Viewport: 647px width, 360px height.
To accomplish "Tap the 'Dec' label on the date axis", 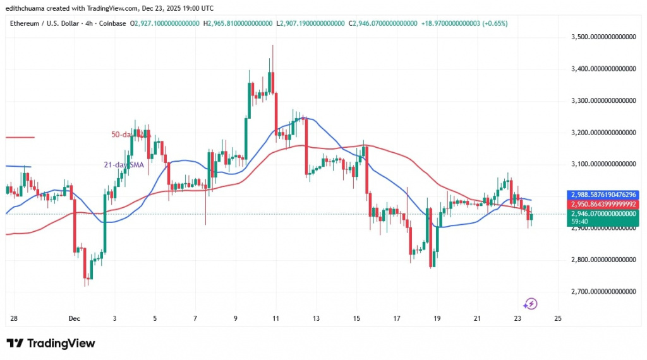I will click(74, 318).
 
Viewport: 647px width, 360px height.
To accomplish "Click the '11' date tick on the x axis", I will click(275, 318).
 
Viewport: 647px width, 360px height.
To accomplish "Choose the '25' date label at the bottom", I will click(557, 318).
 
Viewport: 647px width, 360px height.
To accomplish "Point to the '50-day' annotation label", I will click(120, 134).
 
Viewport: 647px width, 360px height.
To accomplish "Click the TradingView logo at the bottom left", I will click(51, 343).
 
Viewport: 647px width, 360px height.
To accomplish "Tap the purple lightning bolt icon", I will click(531, 304).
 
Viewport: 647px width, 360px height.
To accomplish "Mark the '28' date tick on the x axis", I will click(13, 318).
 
